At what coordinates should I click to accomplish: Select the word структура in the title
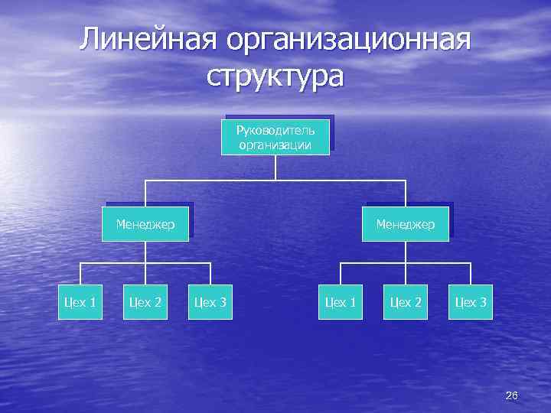(x=275, y=76)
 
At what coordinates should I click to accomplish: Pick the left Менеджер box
(x=145, y=224)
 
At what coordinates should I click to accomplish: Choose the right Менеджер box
(x=405, y=224)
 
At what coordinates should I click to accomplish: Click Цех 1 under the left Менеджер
(x=80, y=302)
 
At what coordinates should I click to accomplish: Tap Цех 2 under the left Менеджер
(x=145, y=302)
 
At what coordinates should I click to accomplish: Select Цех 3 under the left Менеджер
(x=210, y=302)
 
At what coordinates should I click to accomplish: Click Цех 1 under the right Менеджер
(x=341, y=302)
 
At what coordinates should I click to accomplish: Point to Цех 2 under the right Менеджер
(x=406, y=302)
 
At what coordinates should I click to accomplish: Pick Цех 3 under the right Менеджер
(x=471, y=302)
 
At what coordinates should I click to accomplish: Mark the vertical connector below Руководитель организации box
(x=275, y=167)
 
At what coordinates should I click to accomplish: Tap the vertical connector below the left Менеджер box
(x=145, y=252)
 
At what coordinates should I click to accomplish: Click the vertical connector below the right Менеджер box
(x=406, y=252)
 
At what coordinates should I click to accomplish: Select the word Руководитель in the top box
(x=275, y=130)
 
